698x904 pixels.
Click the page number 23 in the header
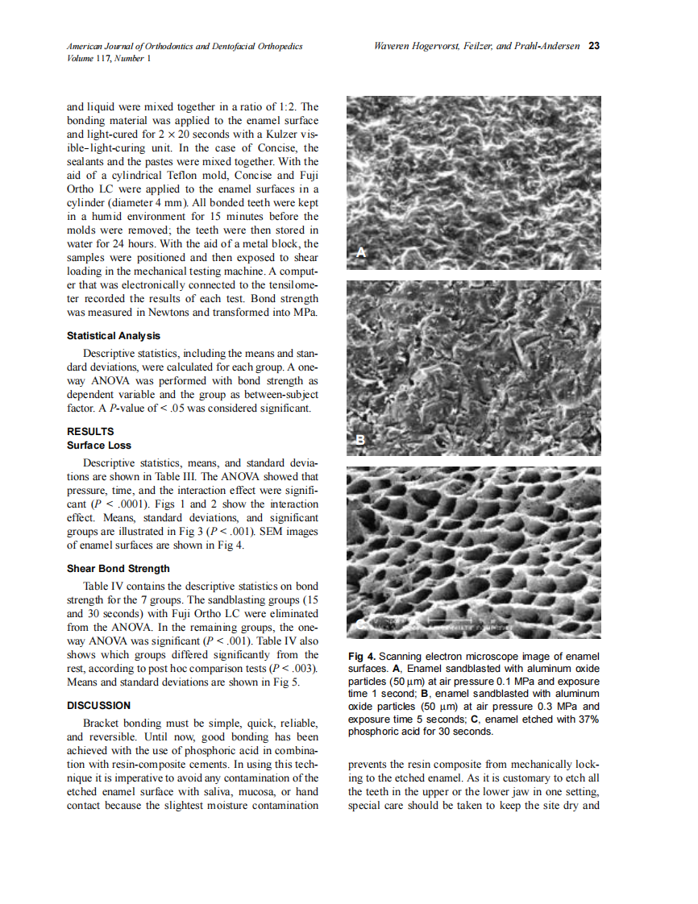point(594,46)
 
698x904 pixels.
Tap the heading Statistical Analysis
point(113,335)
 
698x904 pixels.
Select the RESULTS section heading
point(90,431)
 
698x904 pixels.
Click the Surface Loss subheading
point(98,445)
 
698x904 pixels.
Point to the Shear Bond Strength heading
point(118,568)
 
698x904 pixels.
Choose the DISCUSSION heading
point(98,705)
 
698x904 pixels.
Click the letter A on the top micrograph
point(361,253)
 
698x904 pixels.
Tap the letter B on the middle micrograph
point(361,439)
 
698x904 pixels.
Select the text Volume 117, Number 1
point(108,58)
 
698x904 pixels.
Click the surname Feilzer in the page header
point(473,46)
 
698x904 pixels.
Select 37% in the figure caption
point(588,719)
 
